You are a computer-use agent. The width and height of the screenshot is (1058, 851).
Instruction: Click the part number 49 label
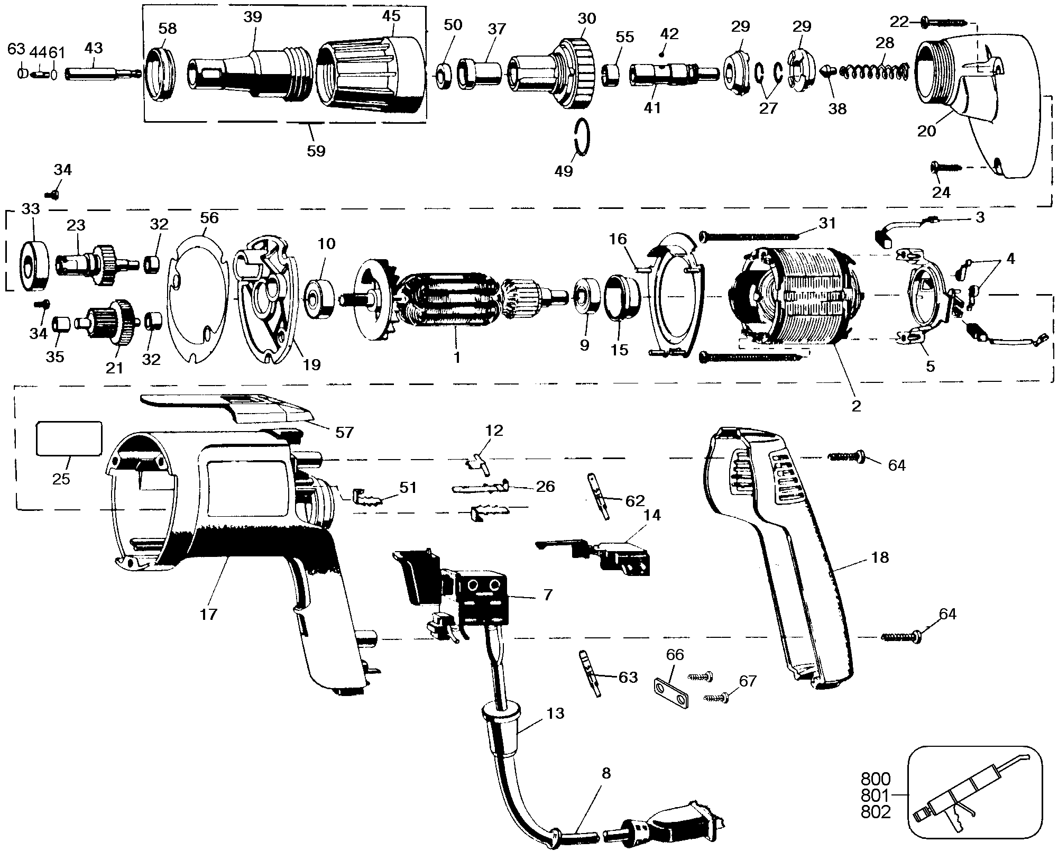coord(564,171)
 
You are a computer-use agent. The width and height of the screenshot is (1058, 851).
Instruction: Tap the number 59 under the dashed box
coord(316,151)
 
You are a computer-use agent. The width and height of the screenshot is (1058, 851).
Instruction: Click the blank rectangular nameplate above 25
coord(68,438)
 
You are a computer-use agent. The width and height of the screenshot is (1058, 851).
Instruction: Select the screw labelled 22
coord(943,23)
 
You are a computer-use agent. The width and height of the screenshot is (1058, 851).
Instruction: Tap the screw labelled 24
coord(943,181)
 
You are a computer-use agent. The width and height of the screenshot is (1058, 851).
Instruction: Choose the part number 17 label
coord(209,614)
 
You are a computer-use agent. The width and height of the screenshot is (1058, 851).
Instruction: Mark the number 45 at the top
coord(391,16)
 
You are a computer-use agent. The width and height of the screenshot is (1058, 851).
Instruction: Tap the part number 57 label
coord(344,432)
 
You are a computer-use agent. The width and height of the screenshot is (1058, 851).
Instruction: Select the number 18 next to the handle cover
coord(880,557)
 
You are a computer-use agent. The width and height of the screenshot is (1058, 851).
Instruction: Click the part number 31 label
coord(827,224)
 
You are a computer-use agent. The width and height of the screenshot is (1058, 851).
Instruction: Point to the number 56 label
coord(209,218)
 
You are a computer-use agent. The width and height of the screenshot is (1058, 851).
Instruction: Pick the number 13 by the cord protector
coord(555,713)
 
